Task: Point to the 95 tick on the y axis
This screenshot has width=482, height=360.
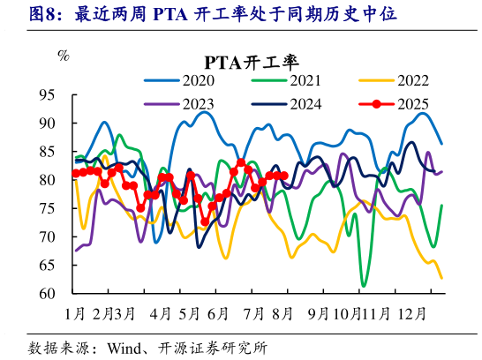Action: click(x=48, y=94)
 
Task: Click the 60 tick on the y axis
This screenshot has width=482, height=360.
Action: click(x=48, y=294)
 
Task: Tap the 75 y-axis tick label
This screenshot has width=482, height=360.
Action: click(x=48, y=208)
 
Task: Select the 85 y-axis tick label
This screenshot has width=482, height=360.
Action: click(x=48, y=152)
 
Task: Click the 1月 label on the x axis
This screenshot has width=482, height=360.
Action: click(x=76, y=313)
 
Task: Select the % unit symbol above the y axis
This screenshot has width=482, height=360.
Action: click(x=63, y=56)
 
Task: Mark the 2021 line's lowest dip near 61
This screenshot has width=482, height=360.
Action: click(x=364, y=286)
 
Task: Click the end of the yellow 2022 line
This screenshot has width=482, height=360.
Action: click(x=441, y=278)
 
